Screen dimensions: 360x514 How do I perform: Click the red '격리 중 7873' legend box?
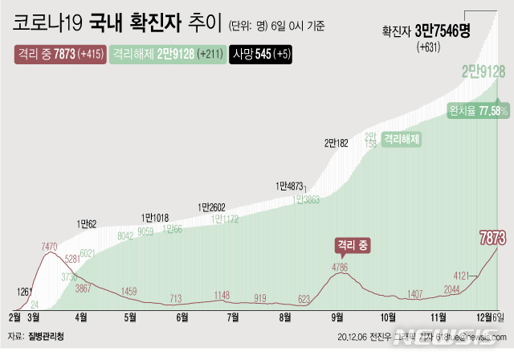point(59,54)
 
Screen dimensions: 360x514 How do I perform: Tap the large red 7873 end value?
point(492,238)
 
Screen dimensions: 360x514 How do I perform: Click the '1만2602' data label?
point(211,207)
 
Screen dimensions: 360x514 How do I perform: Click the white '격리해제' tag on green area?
point(402,138)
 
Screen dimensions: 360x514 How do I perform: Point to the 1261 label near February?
point(25,292)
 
